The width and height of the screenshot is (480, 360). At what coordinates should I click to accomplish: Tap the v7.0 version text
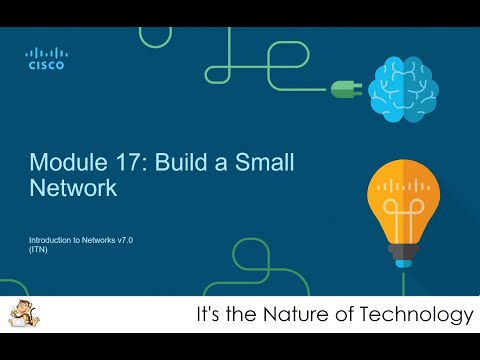(x=135, y=241)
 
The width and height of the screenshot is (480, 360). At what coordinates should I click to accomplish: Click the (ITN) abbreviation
(x=38, y=251)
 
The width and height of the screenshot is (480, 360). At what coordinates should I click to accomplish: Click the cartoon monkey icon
(x=18, y=316)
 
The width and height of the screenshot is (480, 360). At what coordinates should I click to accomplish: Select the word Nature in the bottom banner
(x=300, y=316)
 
